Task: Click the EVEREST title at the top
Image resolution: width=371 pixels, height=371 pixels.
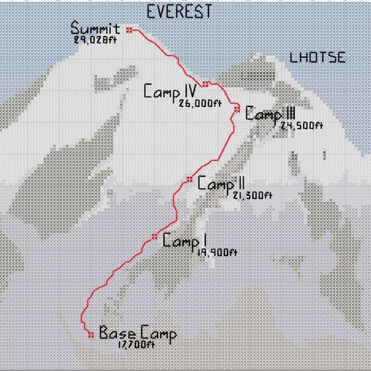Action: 179,11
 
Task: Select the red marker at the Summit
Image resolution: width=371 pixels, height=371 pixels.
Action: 129,30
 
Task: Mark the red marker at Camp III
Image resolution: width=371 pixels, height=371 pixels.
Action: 237,109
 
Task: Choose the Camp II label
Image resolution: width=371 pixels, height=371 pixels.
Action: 221,184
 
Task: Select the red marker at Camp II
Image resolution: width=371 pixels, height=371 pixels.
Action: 189,179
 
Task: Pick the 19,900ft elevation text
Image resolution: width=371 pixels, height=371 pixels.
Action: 216,252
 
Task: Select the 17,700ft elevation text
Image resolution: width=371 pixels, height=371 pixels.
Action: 135,345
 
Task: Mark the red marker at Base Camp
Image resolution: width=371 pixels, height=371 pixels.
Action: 91,335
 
